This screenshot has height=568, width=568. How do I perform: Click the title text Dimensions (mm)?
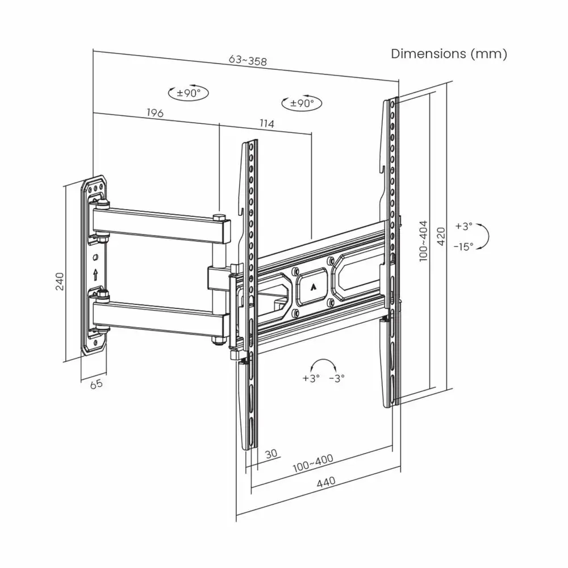449,53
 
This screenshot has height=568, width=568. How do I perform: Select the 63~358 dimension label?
248,60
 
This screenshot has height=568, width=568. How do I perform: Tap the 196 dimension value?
155,112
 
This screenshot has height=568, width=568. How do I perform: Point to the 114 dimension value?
267,123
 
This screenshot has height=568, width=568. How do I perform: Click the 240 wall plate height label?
60,282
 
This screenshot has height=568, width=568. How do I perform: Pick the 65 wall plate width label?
97,384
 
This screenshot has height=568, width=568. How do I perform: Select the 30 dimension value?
271,453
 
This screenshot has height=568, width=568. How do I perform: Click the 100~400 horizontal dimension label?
313,463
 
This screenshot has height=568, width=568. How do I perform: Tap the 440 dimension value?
326,482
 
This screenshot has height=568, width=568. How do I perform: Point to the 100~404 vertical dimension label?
423,241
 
